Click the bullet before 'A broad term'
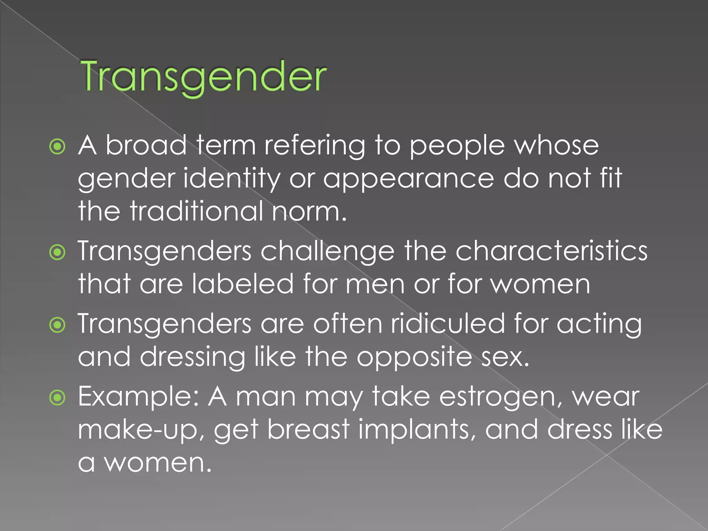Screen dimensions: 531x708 (57, 147)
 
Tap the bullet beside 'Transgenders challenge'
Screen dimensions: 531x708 (57, 252)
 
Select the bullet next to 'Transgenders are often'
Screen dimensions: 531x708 (57, 325)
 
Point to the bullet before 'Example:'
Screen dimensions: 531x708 (57, 398)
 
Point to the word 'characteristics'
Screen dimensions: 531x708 (551, 251)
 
